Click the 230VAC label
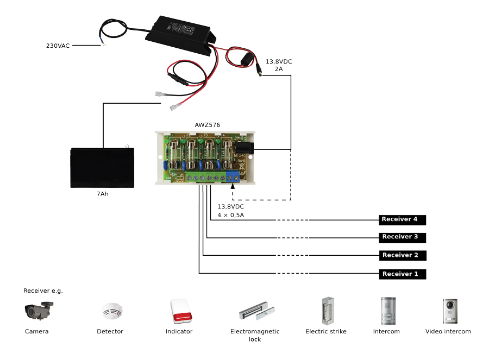coord(58,46)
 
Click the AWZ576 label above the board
coord(208,125)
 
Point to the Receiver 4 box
coord(402,219)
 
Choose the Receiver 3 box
coord(402,237)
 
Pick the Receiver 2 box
coord(402,255)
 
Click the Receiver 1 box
coord(402,274)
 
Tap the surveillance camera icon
coord(39,311)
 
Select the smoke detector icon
coord(112,311)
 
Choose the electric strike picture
coord(328,311)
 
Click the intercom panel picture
coord(386,311)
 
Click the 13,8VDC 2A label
coord(278,65)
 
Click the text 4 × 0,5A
coord(230,215)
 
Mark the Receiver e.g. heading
coord(43,290)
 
